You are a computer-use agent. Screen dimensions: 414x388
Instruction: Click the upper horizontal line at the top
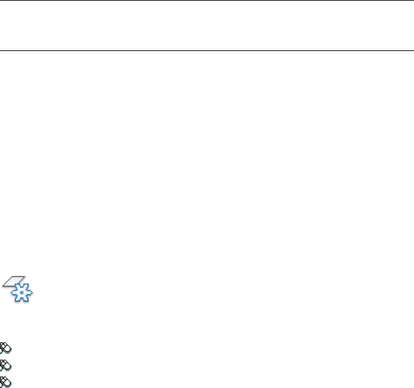(207, 1)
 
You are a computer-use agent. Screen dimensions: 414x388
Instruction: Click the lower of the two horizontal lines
(207, 50)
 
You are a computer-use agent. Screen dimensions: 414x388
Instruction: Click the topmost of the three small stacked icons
(5, 347)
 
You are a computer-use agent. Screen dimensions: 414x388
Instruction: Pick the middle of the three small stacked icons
(5, 364)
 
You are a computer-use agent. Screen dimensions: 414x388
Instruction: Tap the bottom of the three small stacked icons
(5, 381)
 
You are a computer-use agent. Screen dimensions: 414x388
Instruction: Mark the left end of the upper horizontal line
(1, 1)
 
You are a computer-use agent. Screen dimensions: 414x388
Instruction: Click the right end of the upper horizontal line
(413, 1)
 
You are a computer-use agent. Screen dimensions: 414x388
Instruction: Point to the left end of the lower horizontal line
(1, 50)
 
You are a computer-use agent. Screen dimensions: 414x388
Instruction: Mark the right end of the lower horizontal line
(413, 50)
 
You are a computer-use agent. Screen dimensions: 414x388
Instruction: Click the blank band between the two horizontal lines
(207, 25)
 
